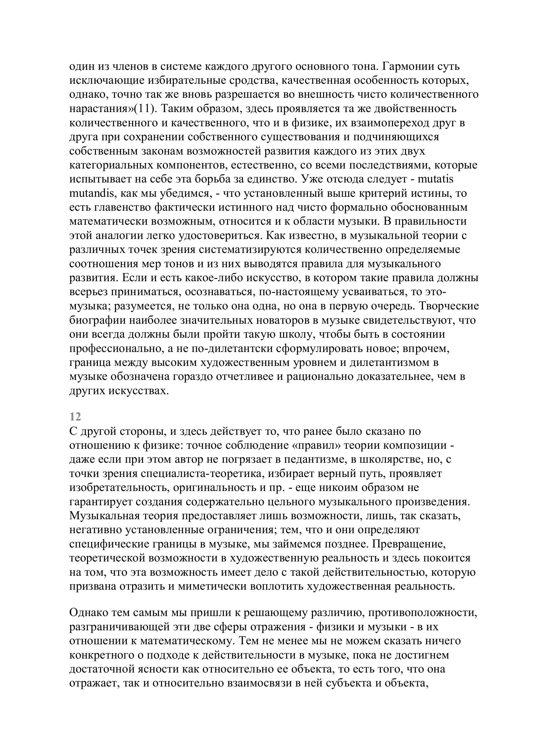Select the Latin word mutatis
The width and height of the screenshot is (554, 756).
click(x=436, y=179)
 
